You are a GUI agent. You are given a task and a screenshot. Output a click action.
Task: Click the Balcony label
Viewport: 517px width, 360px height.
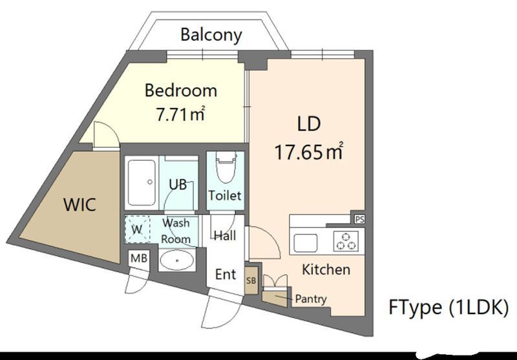click(211, 35)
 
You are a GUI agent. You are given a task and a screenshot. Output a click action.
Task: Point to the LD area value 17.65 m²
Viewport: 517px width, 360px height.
click(309, 152)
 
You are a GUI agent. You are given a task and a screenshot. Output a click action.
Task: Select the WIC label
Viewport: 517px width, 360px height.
click(79, 205)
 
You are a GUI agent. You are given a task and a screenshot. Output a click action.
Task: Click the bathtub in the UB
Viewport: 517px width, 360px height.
click(142, 183)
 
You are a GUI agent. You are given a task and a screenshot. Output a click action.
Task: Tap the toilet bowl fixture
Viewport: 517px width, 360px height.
click(226, 168)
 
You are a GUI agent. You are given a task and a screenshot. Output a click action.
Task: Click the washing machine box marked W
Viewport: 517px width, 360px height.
click(137, 229)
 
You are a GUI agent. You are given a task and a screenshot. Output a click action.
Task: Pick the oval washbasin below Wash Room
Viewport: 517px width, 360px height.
click(177, 260)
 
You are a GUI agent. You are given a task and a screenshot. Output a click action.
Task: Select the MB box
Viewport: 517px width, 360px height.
click(139, 259)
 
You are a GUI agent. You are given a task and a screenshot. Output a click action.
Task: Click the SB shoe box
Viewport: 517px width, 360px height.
click(251, 281)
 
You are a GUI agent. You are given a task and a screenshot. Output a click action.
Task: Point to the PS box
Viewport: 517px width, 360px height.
click(359, 219)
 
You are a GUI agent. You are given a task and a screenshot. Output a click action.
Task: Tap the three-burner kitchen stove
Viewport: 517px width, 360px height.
click(346, 241)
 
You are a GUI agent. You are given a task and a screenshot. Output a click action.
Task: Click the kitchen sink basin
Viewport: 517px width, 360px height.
click(306, 243)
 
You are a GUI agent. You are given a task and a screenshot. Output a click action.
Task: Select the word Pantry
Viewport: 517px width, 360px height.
click(311, 299)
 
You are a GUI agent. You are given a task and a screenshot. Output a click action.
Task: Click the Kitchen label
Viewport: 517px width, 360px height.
click(326, 270)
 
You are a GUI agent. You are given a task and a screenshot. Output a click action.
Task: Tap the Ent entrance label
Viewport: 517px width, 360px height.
click(226, 274)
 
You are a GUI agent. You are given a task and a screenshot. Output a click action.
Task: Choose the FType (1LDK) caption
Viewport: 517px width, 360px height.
click(448, 307)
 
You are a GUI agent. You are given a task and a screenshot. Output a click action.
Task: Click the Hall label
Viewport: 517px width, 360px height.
click(225, 236)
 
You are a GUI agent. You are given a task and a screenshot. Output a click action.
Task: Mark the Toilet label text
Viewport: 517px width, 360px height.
click(225, 196)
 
